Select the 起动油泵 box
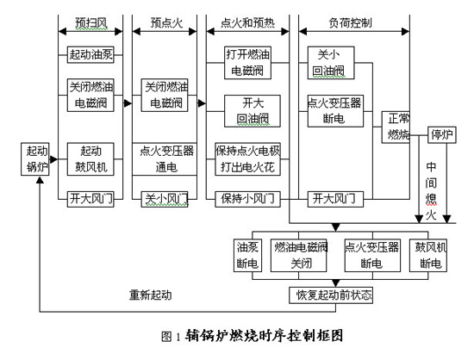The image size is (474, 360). [x=91, y=55]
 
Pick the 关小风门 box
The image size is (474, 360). [x=164, y=200]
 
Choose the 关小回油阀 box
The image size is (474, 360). [x=330, y=61]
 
